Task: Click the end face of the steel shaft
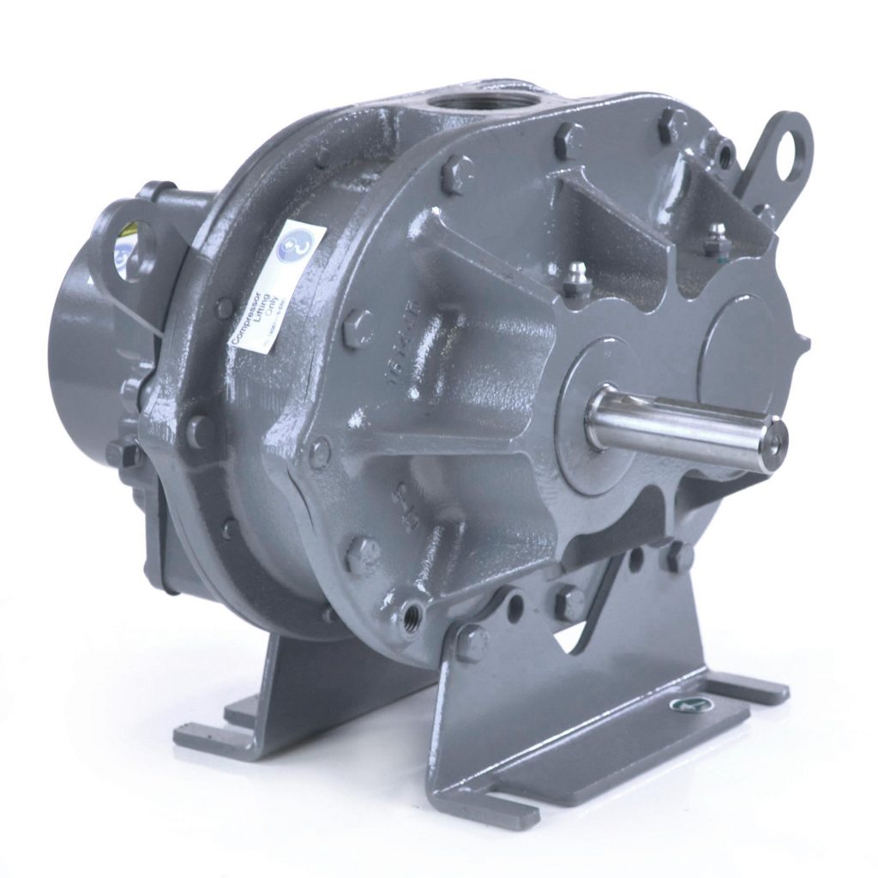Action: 775,444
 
